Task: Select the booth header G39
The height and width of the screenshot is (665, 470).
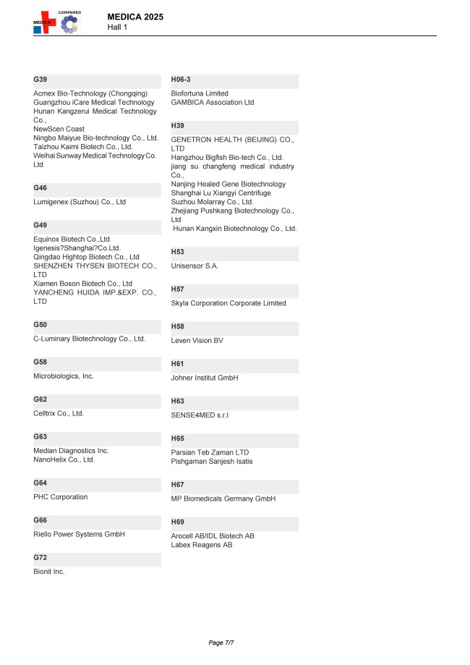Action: [40, 79]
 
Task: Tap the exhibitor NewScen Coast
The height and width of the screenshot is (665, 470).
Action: [59, 129]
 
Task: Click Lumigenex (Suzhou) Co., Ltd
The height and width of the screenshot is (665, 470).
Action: [80, 202]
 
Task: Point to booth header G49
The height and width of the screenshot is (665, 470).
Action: [40, 225]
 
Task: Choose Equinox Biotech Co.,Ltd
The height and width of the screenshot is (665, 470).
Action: [72, 239]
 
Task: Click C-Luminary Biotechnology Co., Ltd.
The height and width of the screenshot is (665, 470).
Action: [90, 339]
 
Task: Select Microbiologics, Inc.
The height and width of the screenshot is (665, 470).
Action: [64, 376]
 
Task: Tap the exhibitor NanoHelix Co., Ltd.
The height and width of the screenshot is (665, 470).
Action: [64, 459]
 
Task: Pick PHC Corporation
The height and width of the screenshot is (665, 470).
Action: [61, 497]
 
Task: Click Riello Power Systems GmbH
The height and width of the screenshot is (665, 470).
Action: [80, 534]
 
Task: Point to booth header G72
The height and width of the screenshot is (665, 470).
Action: [40, 558]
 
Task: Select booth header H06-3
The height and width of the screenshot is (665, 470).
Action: [181, 79]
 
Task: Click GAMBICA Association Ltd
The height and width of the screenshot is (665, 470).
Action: [213, 103]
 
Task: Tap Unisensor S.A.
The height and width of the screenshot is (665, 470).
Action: [195, 266]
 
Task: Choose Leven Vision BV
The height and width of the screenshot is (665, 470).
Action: [197, 341]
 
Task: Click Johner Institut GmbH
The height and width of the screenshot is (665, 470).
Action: [205, 378]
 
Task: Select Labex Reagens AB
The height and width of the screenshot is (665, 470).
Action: [202, 545]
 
